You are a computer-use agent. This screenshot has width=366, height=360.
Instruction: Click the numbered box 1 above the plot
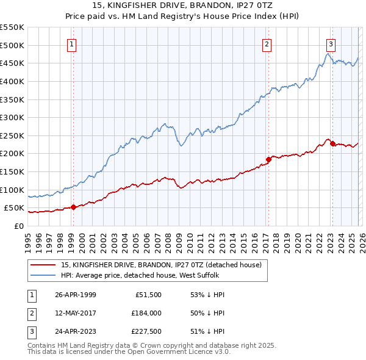click(x=72, y=44)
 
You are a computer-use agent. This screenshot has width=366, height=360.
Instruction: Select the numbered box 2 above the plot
click(x=267, y=44)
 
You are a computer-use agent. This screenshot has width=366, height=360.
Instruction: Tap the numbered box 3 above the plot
click(x=331, y=44)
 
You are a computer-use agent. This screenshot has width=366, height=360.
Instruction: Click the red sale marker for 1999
click(x=73, y=207)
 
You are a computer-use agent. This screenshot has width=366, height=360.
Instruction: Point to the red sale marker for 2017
click(x=268, y=159)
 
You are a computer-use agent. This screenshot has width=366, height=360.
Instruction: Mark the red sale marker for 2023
click(x=332, y=144)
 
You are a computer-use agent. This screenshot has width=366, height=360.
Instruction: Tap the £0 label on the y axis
click(x=18, y=226)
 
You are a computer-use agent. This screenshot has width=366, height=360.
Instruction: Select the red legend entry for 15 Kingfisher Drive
click(x=161, y=265)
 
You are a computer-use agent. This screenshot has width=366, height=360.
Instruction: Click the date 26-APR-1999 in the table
click(x=76, y=295)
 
